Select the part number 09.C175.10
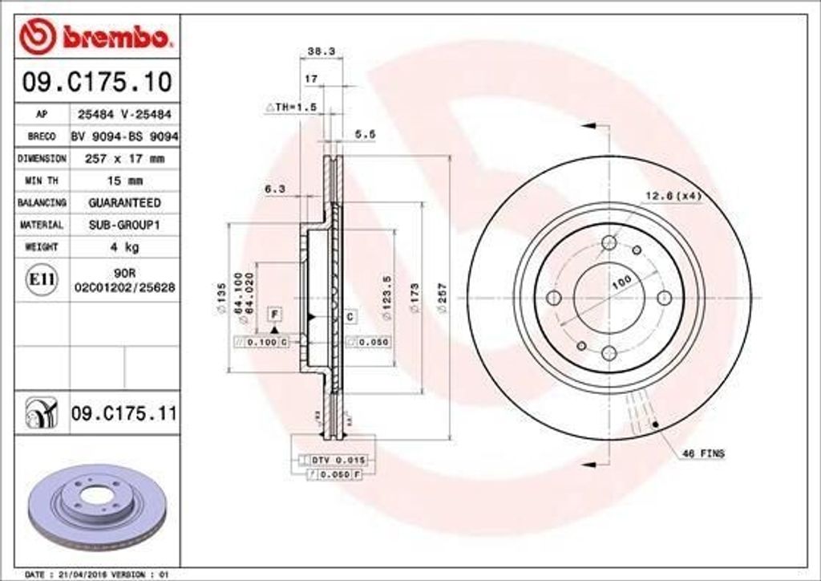[94, 81]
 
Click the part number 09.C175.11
[123, 414]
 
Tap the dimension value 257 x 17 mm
[124, 159]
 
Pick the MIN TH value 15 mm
[124, 181]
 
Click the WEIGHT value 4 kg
[124, 247]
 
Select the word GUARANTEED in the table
[124, 203]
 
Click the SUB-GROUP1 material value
[124, 225]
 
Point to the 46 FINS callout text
[702, 454]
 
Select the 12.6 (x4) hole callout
[672, 196]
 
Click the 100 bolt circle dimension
[622, 282]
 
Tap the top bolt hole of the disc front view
[609, 242]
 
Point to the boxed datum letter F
[274, 312]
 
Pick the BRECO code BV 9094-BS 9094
[124, 136]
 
